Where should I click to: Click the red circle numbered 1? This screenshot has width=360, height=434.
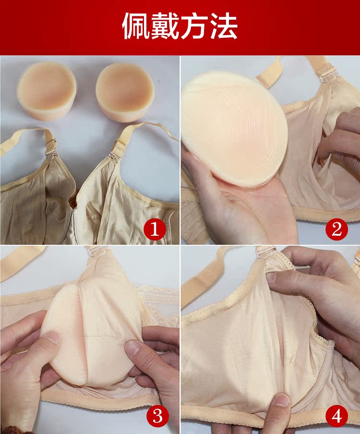coord(155,230)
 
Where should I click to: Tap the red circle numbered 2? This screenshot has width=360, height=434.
coord(336,230)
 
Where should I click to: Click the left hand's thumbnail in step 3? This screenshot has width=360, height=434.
coord(51,338)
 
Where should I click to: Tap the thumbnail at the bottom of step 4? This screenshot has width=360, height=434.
coord(282,400)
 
